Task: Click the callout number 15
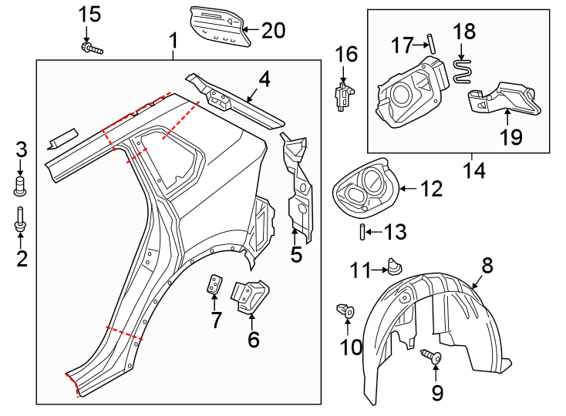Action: [x=90, y=14]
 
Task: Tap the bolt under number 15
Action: [x=90, y=49]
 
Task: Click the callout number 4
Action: [x=264, y=79]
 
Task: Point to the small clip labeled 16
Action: [x=342, y=96]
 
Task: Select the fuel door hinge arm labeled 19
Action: [x=505, y=98]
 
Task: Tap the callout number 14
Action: [x=474, y=169]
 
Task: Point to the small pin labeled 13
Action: [x=362, y=232]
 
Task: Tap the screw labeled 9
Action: [x=431, y=357]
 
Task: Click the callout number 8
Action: [x=487, y=266]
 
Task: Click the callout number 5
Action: [x=297, y=253]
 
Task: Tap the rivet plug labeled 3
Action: [x=21, y=185]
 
